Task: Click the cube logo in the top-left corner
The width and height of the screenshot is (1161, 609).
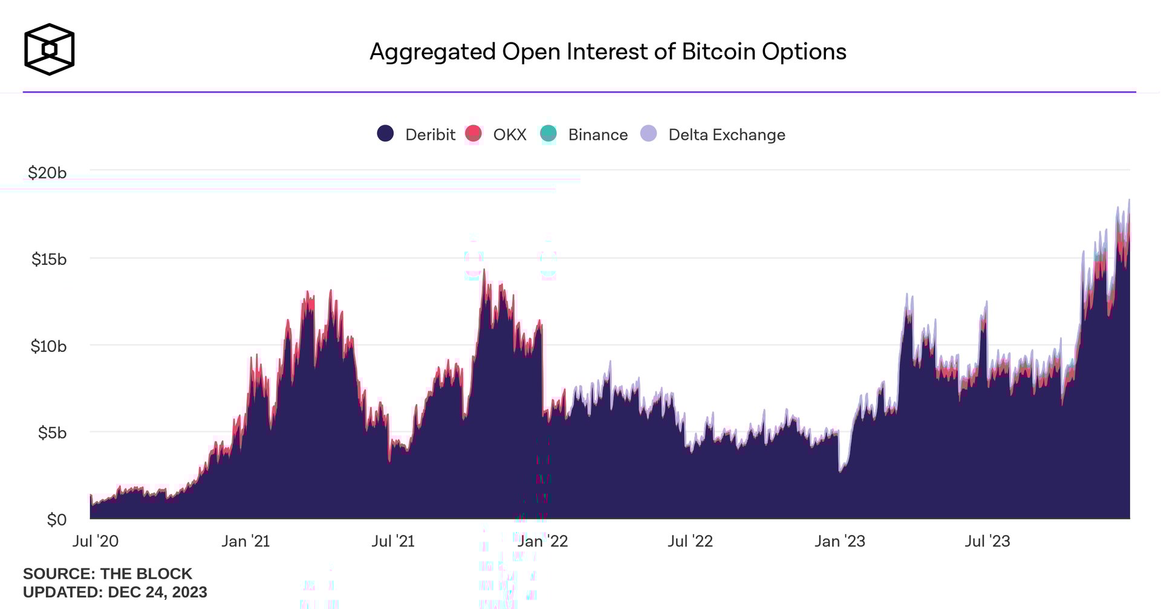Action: point(49,50)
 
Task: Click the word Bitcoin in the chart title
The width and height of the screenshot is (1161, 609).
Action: point(718,52)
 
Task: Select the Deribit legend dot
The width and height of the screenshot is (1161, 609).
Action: point(385,134)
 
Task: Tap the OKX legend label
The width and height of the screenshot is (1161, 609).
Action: point(509,135)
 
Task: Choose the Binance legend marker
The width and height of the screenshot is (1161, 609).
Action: point(548,134)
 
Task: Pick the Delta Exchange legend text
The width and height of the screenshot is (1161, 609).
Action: point(726,135)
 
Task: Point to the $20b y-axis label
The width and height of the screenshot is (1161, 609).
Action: point(47,173)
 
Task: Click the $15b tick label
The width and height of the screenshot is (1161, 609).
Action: point(49,259)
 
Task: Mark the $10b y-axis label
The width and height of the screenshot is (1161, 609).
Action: point(48,347)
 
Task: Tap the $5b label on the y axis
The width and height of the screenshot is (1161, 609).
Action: point(52,433)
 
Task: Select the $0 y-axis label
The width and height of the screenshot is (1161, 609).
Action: point(57,520)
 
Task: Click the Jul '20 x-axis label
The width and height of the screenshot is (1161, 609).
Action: point(96,541)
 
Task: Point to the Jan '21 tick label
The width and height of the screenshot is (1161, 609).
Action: point(246,541)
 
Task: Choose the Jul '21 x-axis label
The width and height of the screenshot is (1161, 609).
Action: point(393,541)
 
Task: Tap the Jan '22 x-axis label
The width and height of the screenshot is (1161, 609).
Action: point(542,541)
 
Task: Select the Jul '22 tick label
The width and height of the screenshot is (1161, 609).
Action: point(690,541)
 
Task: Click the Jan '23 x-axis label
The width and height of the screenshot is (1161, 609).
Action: point(839,541)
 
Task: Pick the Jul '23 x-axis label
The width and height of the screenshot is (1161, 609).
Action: point(987,541)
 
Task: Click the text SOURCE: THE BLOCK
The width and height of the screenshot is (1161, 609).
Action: point(108,574)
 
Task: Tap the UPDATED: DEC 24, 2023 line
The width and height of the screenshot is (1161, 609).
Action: point(115,592)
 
